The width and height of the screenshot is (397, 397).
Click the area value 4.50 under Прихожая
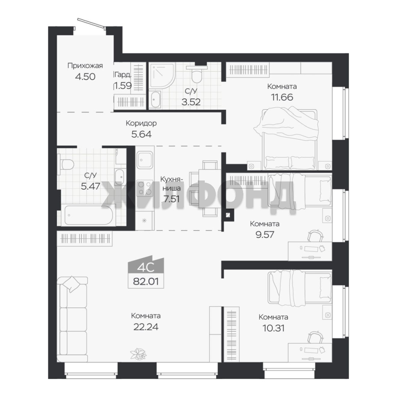(x=85, y=76)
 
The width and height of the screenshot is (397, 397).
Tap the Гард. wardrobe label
(x=122, y=75)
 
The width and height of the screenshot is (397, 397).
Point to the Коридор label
(x=141, y=123)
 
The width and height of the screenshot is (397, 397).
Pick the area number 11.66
(x=282, y=97)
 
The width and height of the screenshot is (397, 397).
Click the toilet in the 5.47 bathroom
(x=66, y=164)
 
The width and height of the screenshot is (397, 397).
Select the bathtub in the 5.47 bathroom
(x=89, y=215)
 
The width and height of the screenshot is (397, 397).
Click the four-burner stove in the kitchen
(x=145, y=188)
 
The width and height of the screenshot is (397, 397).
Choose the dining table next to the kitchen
(x=207, y=188)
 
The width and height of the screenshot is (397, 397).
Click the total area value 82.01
(x=146, y=281)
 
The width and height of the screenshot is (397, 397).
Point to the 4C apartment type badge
(x=146, y=266)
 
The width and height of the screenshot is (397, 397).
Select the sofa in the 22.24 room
(x=72, y=319)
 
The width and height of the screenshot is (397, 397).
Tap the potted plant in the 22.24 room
(x=138, y=354)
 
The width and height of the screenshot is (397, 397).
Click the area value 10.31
(x=273, y=328)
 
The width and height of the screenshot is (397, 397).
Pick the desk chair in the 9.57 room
(x=315, y=236)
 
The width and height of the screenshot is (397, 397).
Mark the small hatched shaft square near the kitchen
(x=229, y=215)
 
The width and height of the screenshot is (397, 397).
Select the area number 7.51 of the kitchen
(x=172, y=199)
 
